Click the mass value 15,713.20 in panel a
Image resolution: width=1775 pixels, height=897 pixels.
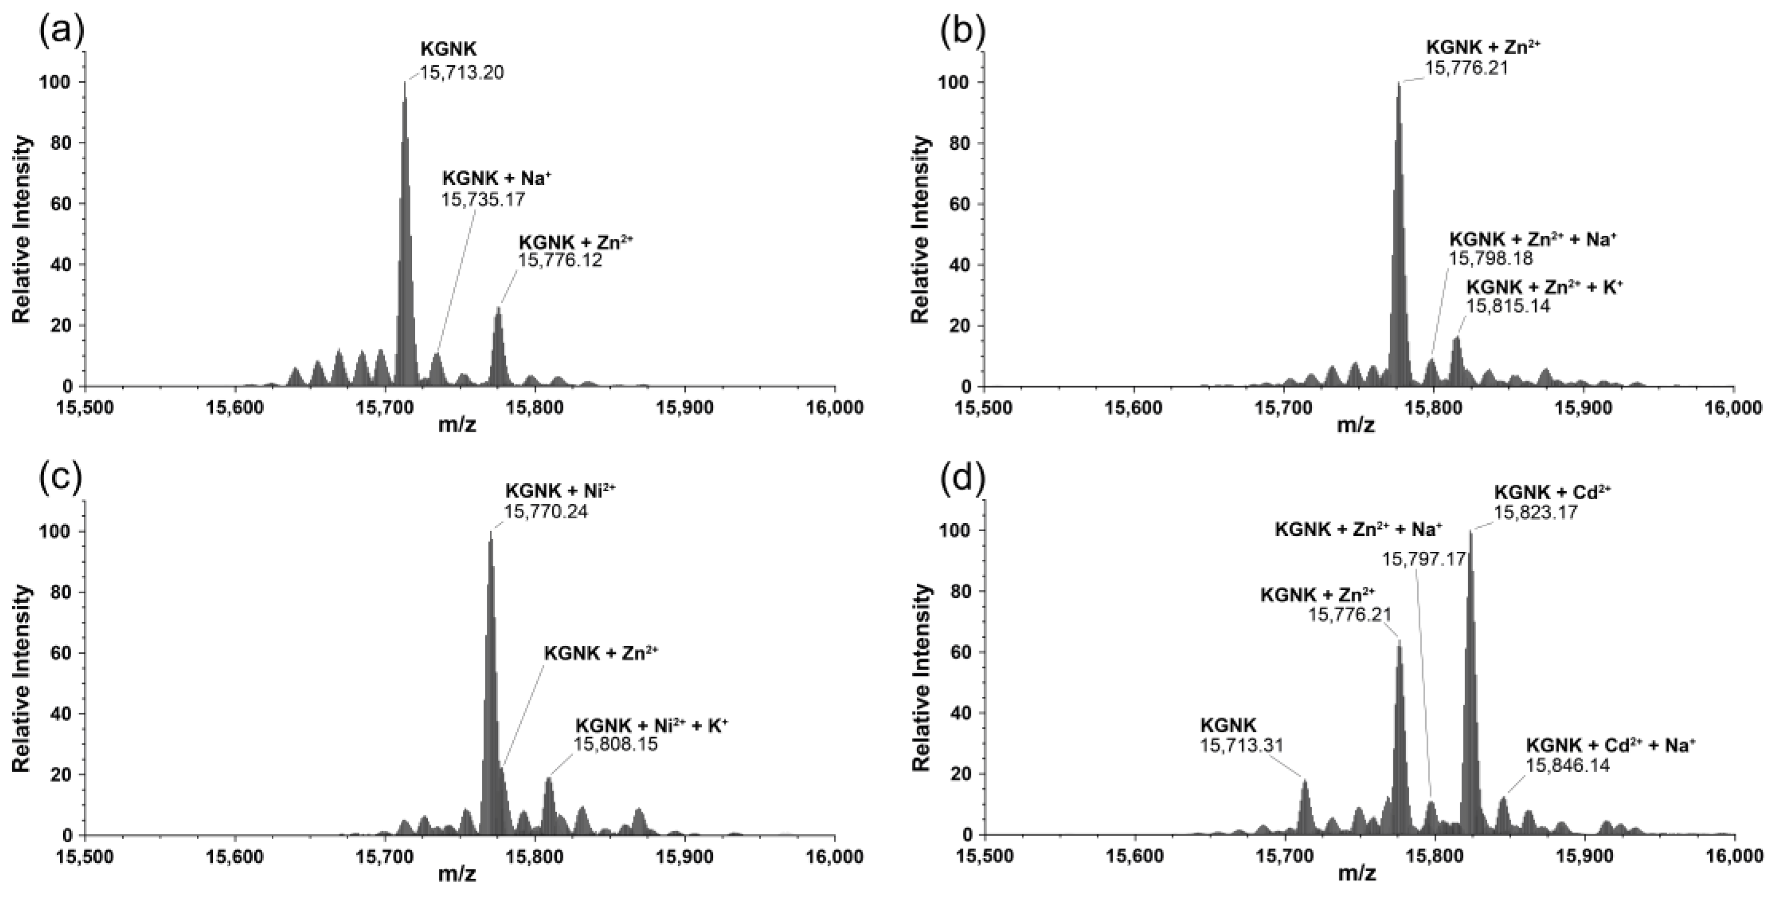(462, 72)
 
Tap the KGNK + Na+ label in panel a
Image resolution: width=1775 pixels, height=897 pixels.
(497, 178)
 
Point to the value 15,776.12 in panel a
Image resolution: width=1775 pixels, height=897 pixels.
(560, 260)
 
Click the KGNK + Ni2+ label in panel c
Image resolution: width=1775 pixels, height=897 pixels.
(560, 490)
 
